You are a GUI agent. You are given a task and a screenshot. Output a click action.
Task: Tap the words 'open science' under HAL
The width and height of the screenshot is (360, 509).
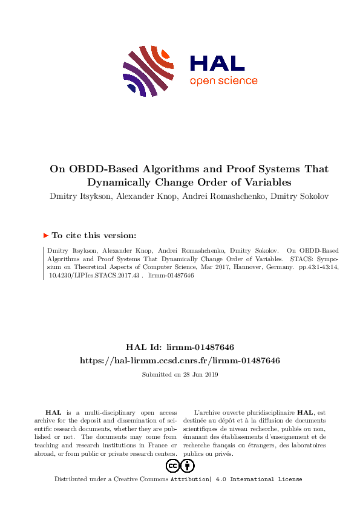(223, 81)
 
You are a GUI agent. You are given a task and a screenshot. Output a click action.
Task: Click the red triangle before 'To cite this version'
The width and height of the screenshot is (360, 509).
(45, 236)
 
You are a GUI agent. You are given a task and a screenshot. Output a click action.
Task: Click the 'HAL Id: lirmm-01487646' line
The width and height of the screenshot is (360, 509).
(180, 347)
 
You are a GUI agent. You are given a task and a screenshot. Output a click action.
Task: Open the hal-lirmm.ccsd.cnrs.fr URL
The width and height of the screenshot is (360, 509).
(180, 360)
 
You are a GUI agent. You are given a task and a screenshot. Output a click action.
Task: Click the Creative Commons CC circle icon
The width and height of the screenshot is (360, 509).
(173, 465)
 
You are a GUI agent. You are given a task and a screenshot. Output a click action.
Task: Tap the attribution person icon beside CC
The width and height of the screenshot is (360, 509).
(188, 465)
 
